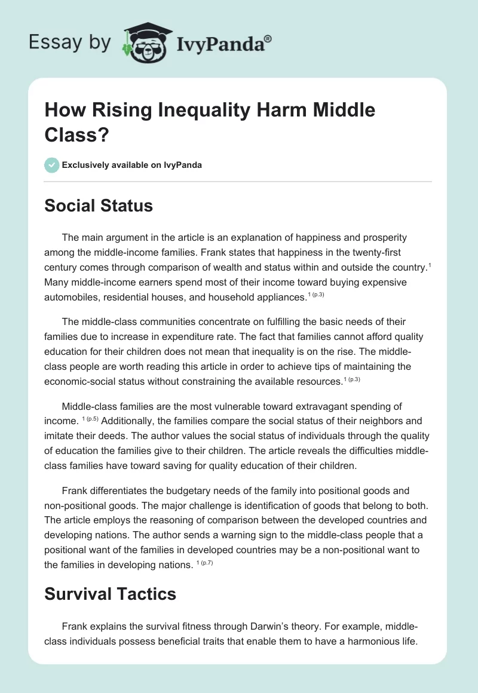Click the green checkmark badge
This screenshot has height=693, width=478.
coord(52,165)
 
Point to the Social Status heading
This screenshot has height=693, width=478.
coord(99,206)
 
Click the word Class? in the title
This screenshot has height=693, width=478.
coord(71,136)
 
